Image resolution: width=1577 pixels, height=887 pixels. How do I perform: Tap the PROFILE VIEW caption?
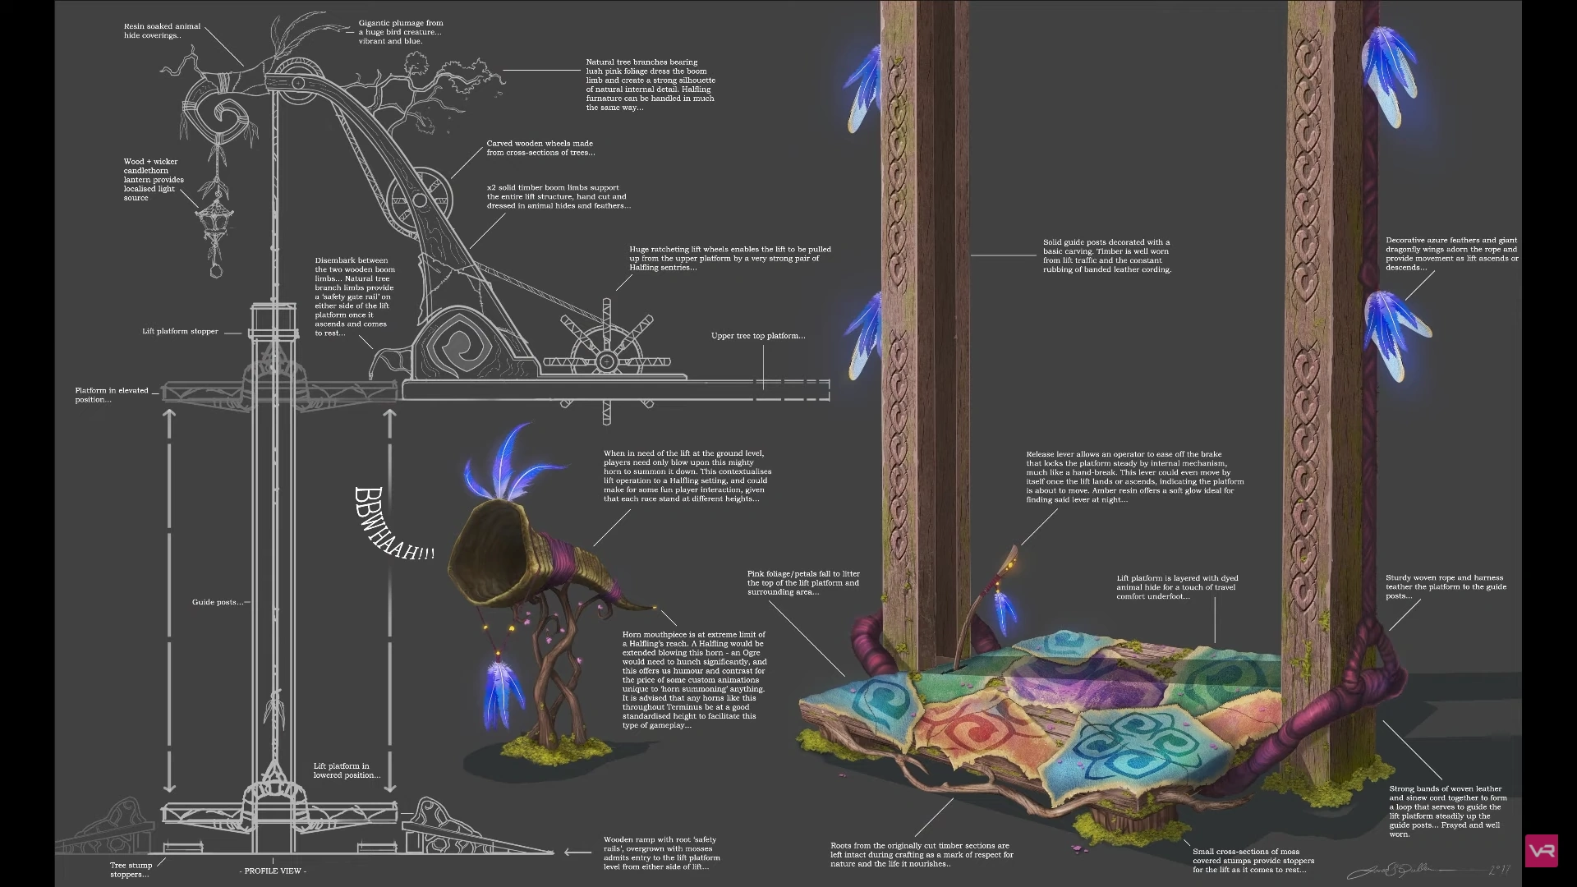pos(273,871)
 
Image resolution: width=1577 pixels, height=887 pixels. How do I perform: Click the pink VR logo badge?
pos(1541,851)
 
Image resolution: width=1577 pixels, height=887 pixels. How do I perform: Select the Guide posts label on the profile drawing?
pos(217,602)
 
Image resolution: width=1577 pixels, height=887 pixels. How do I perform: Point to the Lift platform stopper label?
pos(180,332)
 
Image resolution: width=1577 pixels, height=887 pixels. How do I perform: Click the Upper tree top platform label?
pos(757,336)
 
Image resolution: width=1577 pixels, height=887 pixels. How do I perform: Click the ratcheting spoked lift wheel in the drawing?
pos(606,360)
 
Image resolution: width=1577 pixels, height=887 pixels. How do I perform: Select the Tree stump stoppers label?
pos(131,870)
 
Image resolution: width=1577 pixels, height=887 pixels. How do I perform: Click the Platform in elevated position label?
pos(112,395)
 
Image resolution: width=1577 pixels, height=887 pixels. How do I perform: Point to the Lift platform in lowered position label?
pos(347,770)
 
